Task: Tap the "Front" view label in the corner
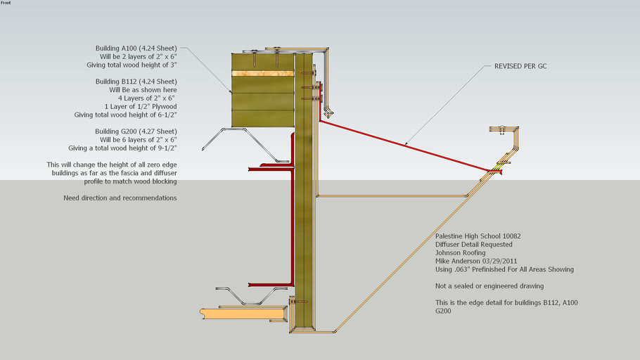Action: click(x=6, y=3)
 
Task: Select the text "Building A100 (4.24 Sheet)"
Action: click(x=136, y=49)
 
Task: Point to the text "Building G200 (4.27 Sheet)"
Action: click(x=136, y=131)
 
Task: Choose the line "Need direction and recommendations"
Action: click(x=120, y=198)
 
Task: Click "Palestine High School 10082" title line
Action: click(x=478, y=236)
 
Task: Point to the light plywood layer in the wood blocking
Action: click(x=262, y=73)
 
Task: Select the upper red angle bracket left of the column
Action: click(x=271, y=166)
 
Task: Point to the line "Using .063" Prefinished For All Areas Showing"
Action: click(x=504, y=269)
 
